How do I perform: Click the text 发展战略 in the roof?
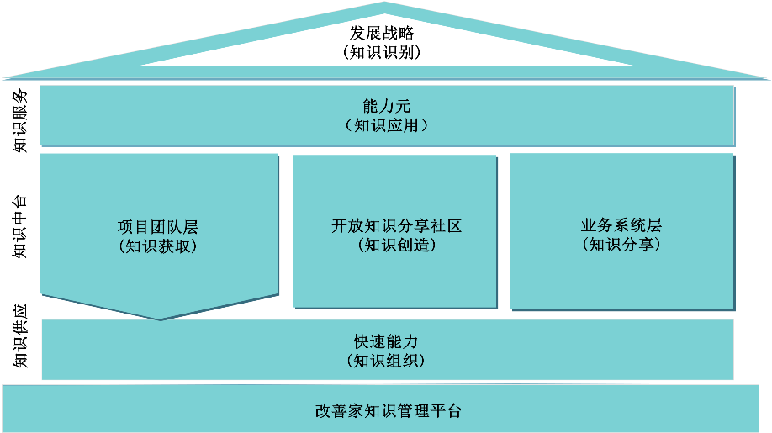[383, 34]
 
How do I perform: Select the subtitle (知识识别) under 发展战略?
[383, 52]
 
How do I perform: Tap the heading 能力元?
[386, 107]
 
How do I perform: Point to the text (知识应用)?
[386, 125]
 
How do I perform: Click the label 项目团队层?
[158, 227]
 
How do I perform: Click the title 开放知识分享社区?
[396, 227]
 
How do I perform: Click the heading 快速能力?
[386, 342]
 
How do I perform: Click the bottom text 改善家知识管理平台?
[388, 411]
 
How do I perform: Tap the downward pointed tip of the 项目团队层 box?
[159, 319]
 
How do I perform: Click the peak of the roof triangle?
[385, 4]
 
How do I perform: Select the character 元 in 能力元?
[403, 107]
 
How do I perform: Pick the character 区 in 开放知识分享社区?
[454, 227]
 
